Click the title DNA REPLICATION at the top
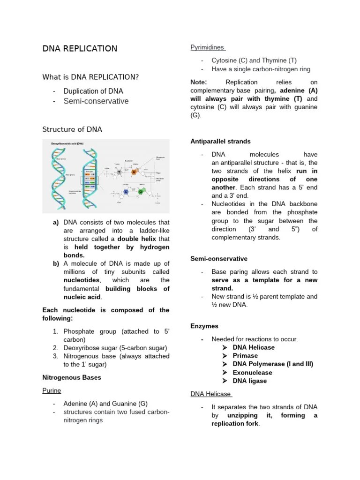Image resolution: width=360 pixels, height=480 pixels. tap(80, 49)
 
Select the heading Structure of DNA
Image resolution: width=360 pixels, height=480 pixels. tap(72, 129)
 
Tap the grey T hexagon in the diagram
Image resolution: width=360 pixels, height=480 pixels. tap(119, 173)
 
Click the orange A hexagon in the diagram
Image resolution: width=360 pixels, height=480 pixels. tap(134, 172)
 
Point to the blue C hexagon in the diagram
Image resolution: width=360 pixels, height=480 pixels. tap(126, 191)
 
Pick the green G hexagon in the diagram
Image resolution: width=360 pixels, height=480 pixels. tap(141, 191)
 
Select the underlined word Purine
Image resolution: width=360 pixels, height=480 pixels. tap(52, 390)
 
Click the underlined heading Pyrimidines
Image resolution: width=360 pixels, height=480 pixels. tap(208, 47)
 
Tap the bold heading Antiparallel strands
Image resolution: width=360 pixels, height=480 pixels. tap(220, 141)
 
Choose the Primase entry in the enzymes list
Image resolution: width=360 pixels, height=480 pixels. tap(245, 356)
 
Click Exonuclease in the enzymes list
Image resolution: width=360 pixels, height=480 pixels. tap(252, 373)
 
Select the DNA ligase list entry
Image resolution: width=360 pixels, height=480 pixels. tap(250, 381)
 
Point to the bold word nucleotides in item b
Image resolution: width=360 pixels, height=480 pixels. tap(82, 280)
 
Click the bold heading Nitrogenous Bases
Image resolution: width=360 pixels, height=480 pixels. tap(72, 377)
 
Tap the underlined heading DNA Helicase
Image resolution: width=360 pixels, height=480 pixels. tap(210, 394)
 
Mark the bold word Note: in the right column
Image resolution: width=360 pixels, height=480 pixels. tap(199, 82)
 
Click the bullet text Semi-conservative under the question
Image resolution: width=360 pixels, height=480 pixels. tap(96, 101)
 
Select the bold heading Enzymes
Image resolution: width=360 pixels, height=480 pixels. tap(204, 326)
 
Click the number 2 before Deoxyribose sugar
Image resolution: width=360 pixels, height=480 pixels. tap(55, 348)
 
